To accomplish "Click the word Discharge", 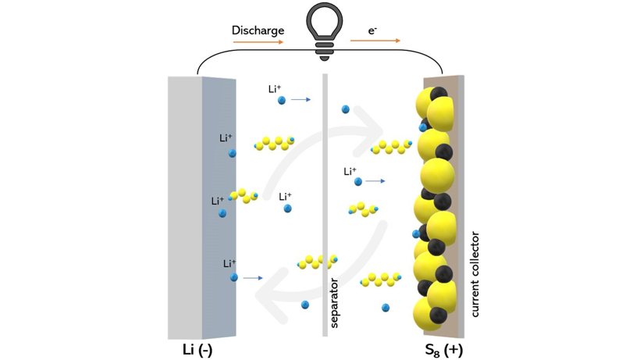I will pyautogui.click(x=257, y=30).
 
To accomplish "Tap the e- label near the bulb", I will pyautogui.click(x=372, y=30).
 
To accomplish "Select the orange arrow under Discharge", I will pyautogui.click(x=258, y=42).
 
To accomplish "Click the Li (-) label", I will pyautogui.click(x=197, y=349).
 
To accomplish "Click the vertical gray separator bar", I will pyautogui.click(x=325, y=203).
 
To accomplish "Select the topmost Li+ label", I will pyautogui.click(x=274, y=89).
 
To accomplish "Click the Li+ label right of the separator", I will pyautogui.click(x=350, y=171).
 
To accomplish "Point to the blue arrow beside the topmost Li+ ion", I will pyautogui.click(x=301, y=100).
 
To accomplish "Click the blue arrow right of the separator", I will pyautogui.click(x=375, y=181).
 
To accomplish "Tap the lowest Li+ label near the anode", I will pyautogui.click(x=229, y=264).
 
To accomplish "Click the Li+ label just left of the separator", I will pyautogui.click(x=285, y=197).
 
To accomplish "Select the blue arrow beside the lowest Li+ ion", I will pyautogui.click(x=253, y=277).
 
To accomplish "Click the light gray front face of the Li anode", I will pyautogui.click(x=185, y=207).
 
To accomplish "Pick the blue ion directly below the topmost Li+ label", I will pyautogui.click(x=282, y=100).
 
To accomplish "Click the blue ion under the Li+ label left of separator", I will pyautogui.click(x=287, y=209).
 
